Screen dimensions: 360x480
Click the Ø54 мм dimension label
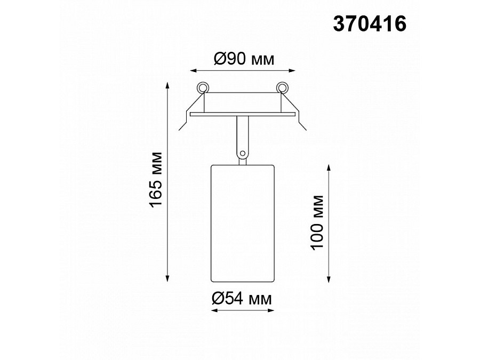242,300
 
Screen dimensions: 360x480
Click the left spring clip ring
203,87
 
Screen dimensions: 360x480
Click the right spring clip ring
282,87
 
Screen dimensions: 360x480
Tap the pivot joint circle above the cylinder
243,154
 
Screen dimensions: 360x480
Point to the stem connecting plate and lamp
243,136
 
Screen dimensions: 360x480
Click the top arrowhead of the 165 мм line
169,84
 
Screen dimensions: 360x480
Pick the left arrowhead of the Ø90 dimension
193,70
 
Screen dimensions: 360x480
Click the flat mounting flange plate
243,114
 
